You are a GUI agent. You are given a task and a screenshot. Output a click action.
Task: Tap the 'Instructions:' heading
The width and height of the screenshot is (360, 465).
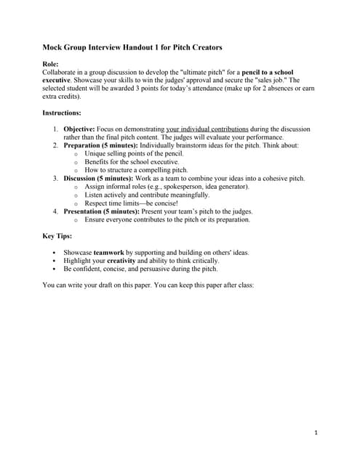coord(62,113)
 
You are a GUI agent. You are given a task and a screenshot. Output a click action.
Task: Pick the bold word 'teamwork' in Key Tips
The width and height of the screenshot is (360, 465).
coord(109,252)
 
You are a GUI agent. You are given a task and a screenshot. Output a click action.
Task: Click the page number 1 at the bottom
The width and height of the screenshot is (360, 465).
coord(316,433)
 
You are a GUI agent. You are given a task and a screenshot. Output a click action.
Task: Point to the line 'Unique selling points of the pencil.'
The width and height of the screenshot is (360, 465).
coord(134,153)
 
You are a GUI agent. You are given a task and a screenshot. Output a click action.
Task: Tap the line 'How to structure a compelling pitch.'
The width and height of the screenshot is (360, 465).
coord(135,170)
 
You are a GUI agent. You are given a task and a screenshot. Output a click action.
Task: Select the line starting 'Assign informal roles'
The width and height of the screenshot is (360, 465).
coord(167,187)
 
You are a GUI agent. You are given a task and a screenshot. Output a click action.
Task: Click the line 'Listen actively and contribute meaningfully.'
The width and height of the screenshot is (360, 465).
coord(147,195)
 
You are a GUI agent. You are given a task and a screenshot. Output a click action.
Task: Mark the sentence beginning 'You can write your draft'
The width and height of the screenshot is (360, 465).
coord(148,285)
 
